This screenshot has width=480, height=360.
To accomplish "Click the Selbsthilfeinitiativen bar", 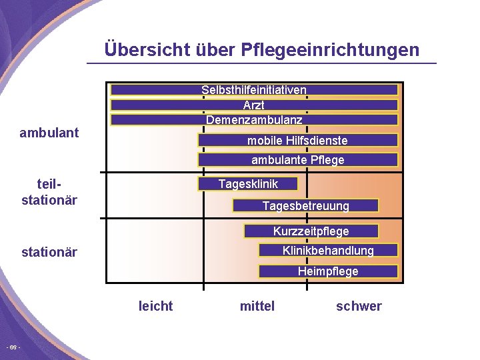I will click(x=254, y=90).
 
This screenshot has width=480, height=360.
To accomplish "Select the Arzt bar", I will click(x=254, y=105).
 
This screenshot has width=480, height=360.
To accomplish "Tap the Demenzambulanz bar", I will click(x=254, y=120).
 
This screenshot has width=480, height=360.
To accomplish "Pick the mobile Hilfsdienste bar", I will click(x=297, y=141).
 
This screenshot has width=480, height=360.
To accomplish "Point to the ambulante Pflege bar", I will click(x=297, y=160).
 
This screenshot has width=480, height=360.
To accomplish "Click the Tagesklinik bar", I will click(x=248, y=184).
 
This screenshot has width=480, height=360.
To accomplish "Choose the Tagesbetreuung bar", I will click(x=305, y=206).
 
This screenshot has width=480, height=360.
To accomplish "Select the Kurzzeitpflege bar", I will click(x=311, y=231).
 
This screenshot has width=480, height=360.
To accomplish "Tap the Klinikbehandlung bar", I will click(x=328, y=251).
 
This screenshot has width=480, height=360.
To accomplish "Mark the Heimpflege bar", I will click(x=328, y=271).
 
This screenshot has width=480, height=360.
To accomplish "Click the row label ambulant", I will click(x=49, y=133).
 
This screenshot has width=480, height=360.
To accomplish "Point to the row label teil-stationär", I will click(x=49, y=192).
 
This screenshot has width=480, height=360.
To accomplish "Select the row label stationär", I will click(x=49, y=252).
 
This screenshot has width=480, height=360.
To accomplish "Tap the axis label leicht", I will click(x=155, y=306).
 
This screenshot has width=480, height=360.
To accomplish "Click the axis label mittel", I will click(x=257, y=306).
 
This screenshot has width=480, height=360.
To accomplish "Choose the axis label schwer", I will click(x=359, y=306).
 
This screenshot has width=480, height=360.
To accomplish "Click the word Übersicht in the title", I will click(x=147, y=50).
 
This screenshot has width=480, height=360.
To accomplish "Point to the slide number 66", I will click(x=13, y=348).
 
